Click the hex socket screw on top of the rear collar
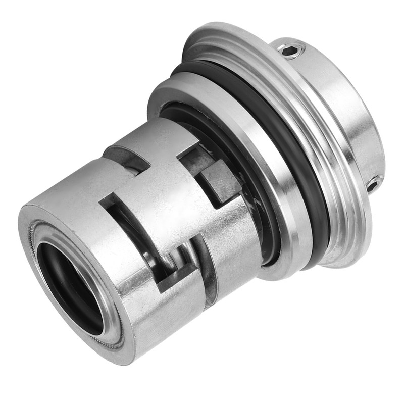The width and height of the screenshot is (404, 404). [292, 49]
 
